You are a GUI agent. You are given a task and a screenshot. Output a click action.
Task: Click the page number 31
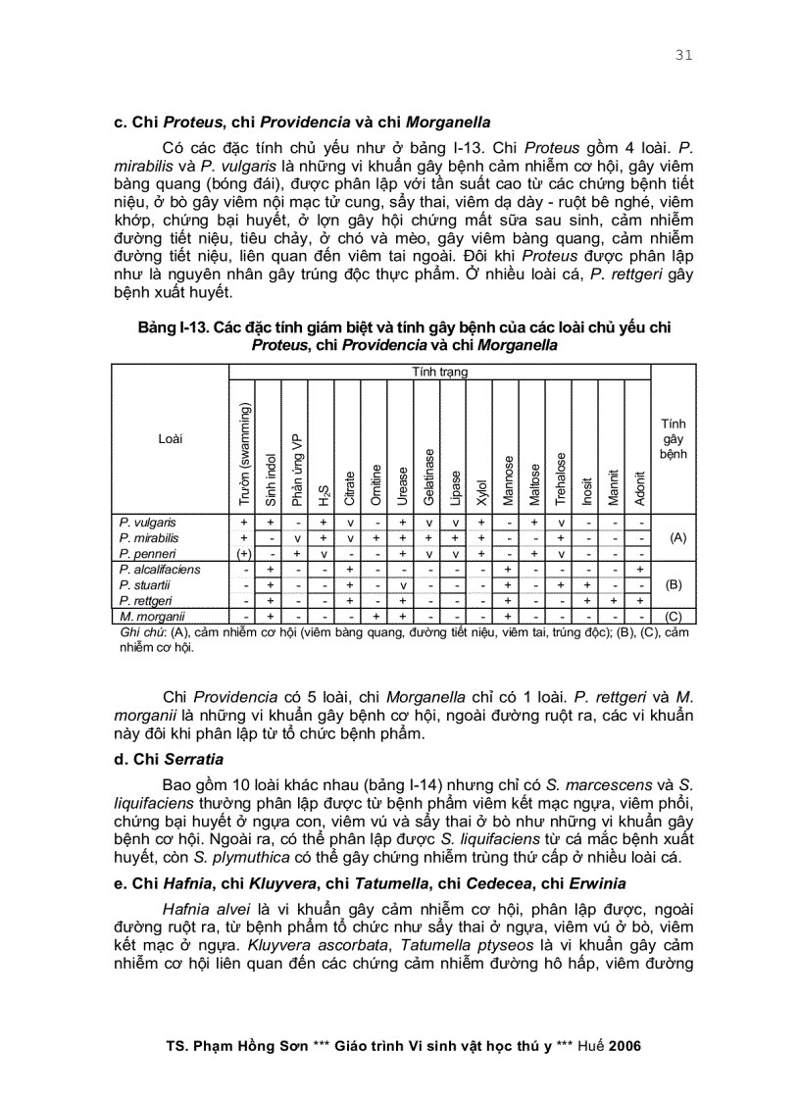(683, 56)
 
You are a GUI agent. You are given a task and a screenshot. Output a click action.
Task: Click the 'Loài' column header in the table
(170, 439)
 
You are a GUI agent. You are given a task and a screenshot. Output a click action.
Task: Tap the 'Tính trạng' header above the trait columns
(440, 373)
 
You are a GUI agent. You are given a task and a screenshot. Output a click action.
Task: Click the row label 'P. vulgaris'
(148, 523)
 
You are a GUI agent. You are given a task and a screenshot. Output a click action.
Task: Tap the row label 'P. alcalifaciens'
(160, 569)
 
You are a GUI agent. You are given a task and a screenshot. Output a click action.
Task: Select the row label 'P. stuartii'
(145, 584)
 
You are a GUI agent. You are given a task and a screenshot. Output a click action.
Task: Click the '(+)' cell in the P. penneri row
(242, 553)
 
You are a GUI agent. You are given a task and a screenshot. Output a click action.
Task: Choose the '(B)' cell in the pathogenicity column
(674, 584)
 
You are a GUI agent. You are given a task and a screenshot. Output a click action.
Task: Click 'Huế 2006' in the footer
(610, 1046)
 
